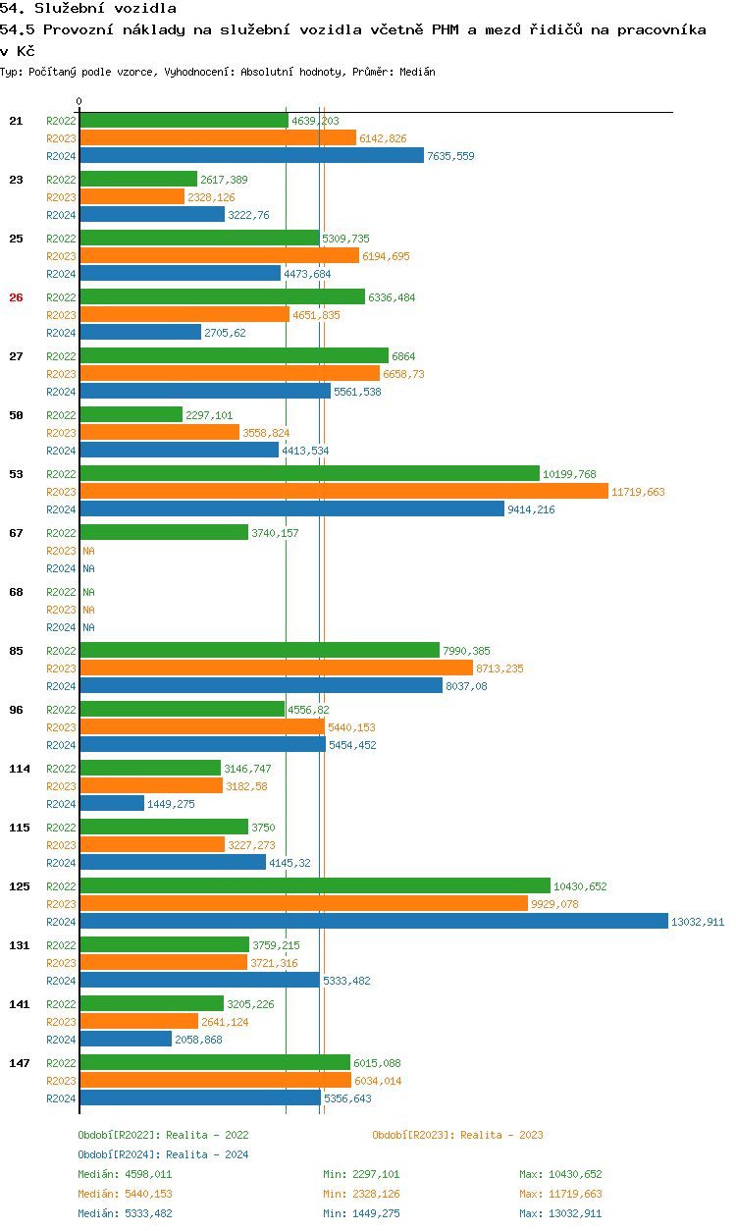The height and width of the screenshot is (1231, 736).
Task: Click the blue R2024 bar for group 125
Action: click(x=373, y=922)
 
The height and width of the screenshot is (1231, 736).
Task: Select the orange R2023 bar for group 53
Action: click(x=343, y=492)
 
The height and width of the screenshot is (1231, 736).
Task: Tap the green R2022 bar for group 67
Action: click(x=164, y=533)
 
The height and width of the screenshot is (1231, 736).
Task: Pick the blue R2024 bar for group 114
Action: click(x=112, y=804)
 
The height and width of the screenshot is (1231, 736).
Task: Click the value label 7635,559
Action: click(x=450, y=156)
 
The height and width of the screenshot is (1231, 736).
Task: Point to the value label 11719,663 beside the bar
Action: click(x=638, y=492)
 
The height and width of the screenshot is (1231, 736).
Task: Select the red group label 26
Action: click(x=16, y=297)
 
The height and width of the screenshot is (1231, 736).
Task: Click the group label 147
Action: click(x=19, y=1063)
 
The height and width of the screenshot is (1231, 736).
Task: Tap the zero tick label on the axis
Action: click(x=79, y=102)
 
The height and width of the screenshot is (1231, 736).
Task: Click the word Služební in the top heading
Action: click(x=70, y=9)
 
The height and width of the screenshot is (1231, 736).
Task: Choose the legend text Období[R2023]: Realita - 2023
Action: click(x=457, y=1135)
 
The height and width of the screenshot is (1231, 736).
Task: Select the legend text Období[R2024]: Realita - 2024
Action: click(x=163, y=1154)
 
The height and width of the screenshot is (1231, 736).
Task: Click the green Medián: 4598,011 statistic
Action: click(x=125, y=1174)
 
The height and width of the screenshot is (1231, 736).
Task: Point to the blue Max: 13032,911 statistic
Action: click(x=560, y=1213)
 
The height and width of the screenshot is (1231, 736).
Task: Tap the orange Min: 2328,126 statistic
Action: click(x=361, y=1194)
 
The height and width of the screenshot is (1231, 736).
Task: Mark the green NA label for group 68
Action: click(x=88, y=592)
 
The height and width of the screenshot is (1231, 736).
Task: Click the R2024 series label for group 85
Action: click(x=61, y=686)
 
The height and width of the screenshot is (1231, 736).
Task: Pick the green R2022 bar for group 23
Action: click(x=138, y=180)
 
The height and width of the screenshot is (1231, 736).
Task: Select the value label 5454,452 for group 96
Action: click(x=352, y=745)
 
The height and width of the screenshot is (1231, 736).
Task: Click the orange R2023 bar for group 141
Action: click(x=138, y=1022)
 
